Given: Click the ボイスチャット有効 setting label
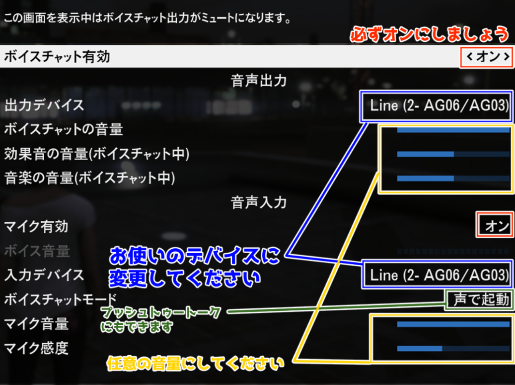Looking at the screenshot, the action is tap(57, 57).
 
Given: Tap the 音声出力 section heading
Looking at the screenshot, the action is tap(258, 80).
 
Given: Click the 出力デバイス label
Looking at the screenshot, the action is tap(44, 105).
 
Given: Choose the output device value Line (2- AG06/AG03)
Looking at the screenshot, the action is tap(440, 105).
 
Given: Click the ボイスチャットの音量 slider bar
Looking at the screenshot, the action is tap(453, 130).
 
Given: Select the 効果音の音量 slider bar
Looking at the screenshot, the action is tap(453, 154).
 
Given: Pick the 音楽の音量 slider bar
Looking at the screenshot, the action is tap(453, 179).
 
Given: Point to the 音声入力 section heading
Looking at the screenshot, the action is tap(258, 202).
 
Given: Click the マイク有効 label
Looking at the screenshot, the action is tap(36, 227).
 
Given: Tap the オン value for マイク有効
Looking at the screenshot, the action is tap(497, 226).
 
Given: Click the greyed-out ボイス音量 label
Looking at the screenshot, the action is tap(37, 251).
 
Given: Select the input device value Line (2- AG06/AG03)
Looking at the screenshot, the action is tap(440, 275).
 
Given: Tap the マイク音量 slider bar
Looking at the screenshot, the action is tap(453, 324).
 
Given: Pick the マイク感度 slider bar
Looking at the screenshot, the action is tap(453, 349).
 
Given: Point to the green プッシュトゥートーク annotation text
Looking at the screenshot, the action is tap(160, 312).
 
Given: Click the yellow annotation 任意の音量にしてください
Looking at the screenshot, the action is tap(195, 364).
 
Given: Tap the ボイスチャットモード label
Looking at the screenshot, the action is tap(61, 299).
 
